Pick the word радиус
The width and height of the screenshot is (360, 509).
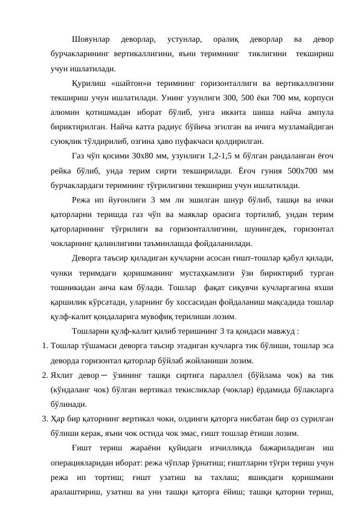[x=166, y=127]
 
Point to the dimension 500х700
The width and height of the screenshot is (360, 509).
[x=301, y=170]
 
